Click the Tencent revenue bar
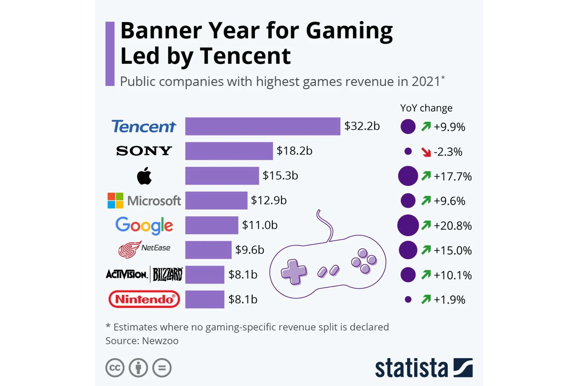[263, 126]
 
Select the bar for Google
[212, 225]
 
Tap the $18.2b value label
[294, 151]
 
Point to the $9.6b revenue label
[250, 250]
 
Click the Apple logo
[144, 176]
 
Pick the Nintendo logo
[144, 299]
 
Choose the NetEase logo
[144, 249]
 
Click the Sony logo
[144, 151]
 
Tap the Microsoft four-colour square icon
[115, 201]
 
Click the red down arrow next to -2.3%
[426, 152]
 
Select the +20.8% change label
[452, 226]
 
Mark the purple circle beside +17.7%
[408, 176]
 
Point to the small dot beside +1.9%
[408, 299]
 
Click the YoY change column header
[426, 108]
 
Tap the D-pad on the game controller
[294, 272]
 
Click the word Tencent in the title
[245, 56]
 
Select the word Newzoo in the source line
[160, 341]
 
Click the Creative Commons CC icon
[115, 368]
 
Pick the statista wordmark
[411, 368]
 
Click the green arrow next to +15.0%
[426, 250]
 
